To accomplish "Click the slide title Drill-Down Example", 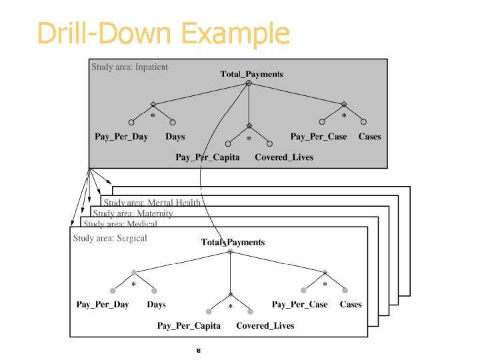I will point(163,33).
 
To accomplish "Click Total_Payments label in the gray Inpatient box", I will point(251,74).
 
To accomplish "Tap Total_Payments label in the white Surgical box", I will point(233,242).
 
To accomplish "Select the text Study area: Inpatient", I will point(129,67).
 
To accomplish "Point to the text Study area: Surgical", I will point(110,238).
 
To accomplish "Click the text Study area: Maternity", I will point(133,214).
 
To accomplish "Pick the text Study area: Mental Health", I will point(152,203).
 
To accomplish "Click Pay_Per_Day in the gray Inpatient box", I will point(121,137).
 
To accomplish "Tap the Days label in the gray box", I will point(175,137).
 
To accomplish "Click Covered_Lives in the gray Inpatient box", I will point(283,157).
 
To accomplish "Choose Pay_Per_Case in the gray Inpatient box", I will point(319,137).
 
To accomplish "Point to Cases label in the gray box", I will point(369,137).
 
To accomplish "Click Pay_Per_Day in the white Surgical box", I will point(103,305).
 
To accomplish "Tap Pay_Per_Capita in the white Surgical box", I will point(189,326).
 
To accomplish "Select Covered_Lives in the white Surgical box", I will point(265,326).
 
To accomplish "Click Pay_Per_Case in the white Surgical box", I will point(300,305).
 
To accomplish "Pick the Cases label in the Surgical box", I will point(351,305).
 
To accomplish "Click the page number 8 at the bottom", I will point(198,350).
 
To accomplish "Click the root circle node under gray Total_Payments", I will point(249,83).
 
